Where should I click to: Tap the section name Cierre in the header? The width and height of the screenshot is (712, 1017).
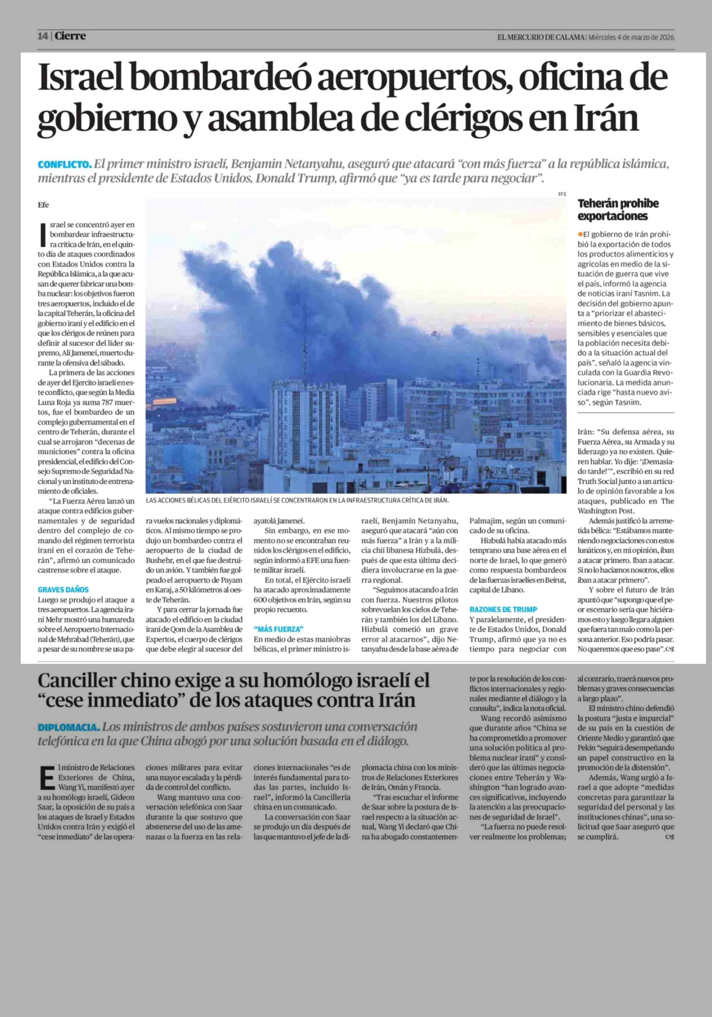click(x=70, y=36)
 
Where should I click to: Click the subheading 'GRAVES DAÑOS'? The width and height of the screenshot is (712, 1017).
click(x=63, y=589)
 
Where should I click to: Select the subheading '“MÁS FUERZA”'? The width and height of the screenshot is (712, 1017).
click(x=278, y=629)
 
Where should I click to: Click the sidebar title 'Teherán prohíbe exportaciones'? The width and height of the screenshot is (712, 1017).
click(x=618, y=210)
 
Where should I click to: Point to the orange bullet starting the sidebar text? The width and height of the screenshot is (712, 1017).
click(x=580, y=234)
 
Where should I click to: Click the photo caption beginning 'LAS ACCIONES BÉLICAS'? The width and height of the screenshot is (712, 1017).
click(x=297, y=500)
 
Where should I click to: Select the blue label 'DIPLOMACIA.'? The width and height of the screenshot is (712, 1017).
click(x=69, y=727)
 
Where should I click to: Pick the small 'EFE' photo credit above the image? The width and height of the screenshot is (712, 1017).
click(x=562, y=194)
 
